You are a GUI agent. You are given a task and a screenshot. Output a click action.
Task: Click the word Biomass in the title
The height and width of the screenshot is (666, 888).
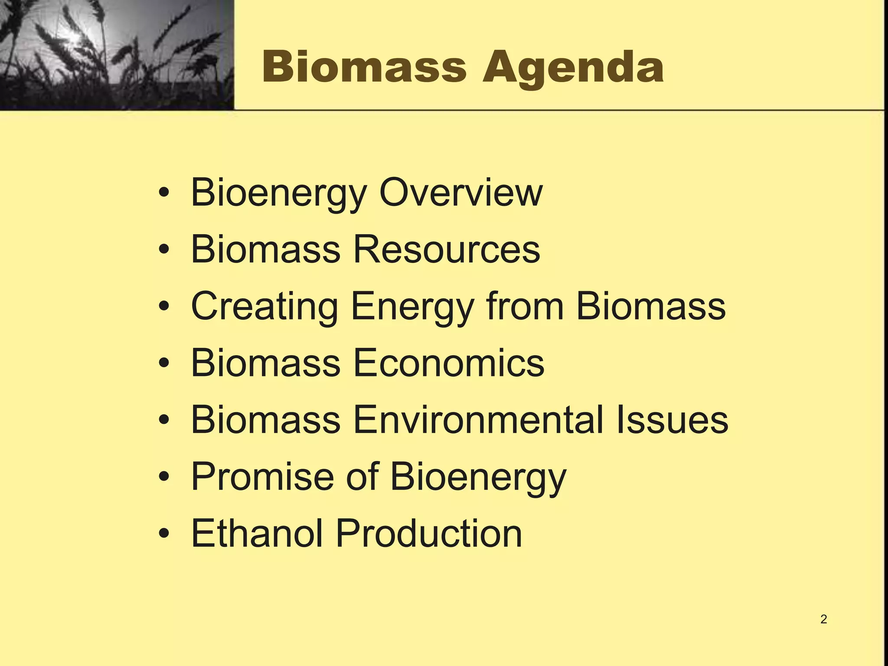tap(364, 67)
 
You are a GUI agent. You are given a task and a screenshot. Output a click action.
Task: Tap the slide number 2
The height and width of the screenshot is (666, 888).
tap(823, 619)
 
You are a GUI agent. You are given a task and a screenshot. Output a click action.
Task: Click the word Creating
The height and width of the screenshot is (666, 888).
tap(264, 307)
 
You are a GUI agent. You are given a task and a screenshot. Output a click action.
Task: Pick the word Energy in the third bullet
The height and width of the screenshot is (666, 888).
tap(412, 307)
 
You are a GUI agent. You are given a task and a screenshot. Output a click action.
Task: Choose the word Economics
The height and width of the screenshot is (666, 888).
tap(449, 363)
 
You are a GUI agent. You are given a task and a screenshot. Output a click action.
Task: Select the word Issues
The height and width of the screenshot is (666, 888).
tap(672, 420)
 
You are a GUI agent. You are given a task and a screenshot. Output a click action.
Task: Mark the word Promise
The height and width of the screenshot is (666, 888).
tap(263, 477)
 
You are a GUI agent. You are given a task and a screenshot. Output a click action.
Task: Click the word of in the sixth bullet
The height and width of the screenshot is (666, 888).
tap(362, 477)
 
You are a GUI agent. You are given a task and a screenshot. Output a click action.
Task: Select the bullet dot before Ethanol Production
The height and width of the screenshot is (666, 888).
tap(163, 534)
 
